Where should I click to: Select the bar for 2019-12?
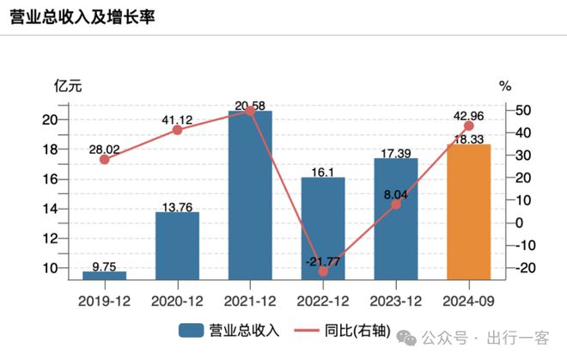point(104,275)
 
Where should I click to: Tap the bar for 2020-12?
point(177,245)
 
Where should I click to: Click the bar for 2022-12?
point(323,228)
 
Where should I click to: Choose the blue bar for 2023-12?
point(396,218)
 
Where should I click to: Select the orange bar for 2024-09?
point(469,211)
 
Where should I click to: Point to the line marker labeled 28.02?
point(104,159)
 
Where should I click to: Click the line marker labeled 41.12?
point(177,130)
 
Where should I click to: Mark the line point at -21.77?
point(323,271)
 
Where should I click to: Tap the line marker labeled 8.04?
point(396,204)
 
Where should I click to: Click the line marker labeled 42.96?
point(469,125)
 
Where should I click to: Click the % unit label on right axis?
point(505,86)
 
